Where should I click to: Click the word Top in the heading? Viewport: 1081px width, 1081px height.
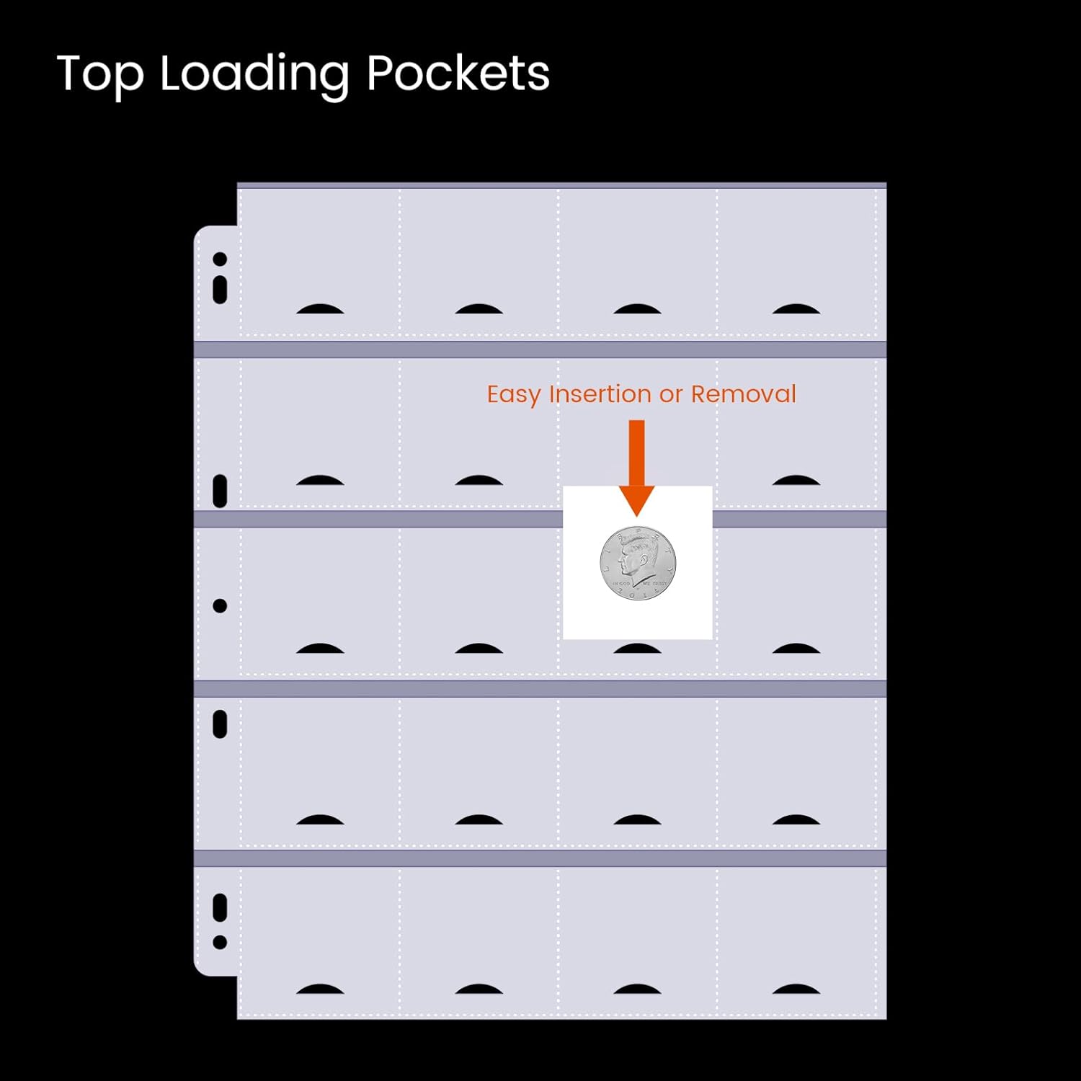(99, 74)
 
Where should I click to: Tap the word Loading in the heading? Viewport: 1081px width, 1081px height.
(254, 75)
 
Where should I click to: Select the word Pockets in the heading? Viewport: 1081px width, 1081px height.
(458, 74)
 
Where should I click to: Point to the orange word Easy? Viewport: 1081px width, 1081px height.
(513, 395)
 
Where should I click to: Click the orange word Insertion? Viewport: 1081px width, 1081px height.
(600, 394)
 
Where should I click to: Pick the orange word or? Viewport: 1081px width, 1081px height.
(670, 395)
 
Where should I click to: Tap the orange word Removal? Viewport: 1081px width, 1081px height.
(743, 394)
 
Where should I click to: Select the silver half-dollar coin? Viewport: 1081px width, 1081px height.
(638, 563)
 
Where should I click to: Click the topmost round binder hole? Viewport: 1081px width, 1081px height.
(220, 259)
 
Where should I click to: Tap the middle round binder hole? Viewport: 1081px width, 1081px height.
(220, 606)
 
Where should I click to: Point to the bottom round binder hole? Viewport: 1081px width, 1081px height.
(220, 942)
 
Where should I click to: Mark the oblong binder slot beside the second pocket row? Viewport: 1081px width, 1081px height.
(220, 491)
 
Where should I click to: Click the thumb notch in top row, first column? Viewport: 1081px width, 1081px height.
(320, 309)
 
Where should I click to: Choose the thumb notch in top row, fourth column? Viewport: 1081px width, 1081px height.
(796, 309)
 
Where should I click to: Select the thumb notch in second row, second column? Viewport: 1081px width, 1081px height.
(479, 481)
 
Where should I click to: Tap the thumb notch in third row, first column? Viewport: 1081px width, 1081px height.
(320, 649)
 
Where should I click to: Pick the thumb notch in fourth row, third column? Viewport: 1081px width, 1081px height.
(637, 819)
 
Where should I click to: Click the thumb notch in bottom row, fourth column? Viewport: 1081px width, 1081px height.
(796, 989)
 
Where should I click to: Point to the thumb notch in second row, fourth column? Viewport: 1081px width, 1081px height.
(796, 481)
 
